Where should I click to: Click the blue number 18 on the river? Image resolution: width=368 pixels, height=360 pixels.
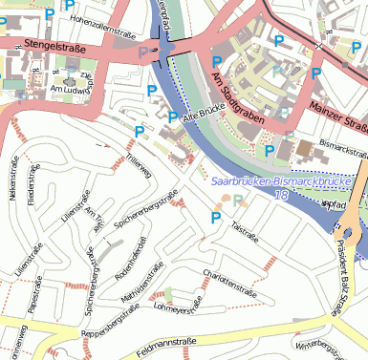pos(280,194)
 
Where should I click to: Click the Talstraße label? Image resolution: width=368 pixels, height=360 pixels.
pos(245,229)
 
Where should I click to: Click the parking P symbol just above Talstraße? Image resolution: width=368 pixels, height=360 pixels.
pos(216,219)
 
